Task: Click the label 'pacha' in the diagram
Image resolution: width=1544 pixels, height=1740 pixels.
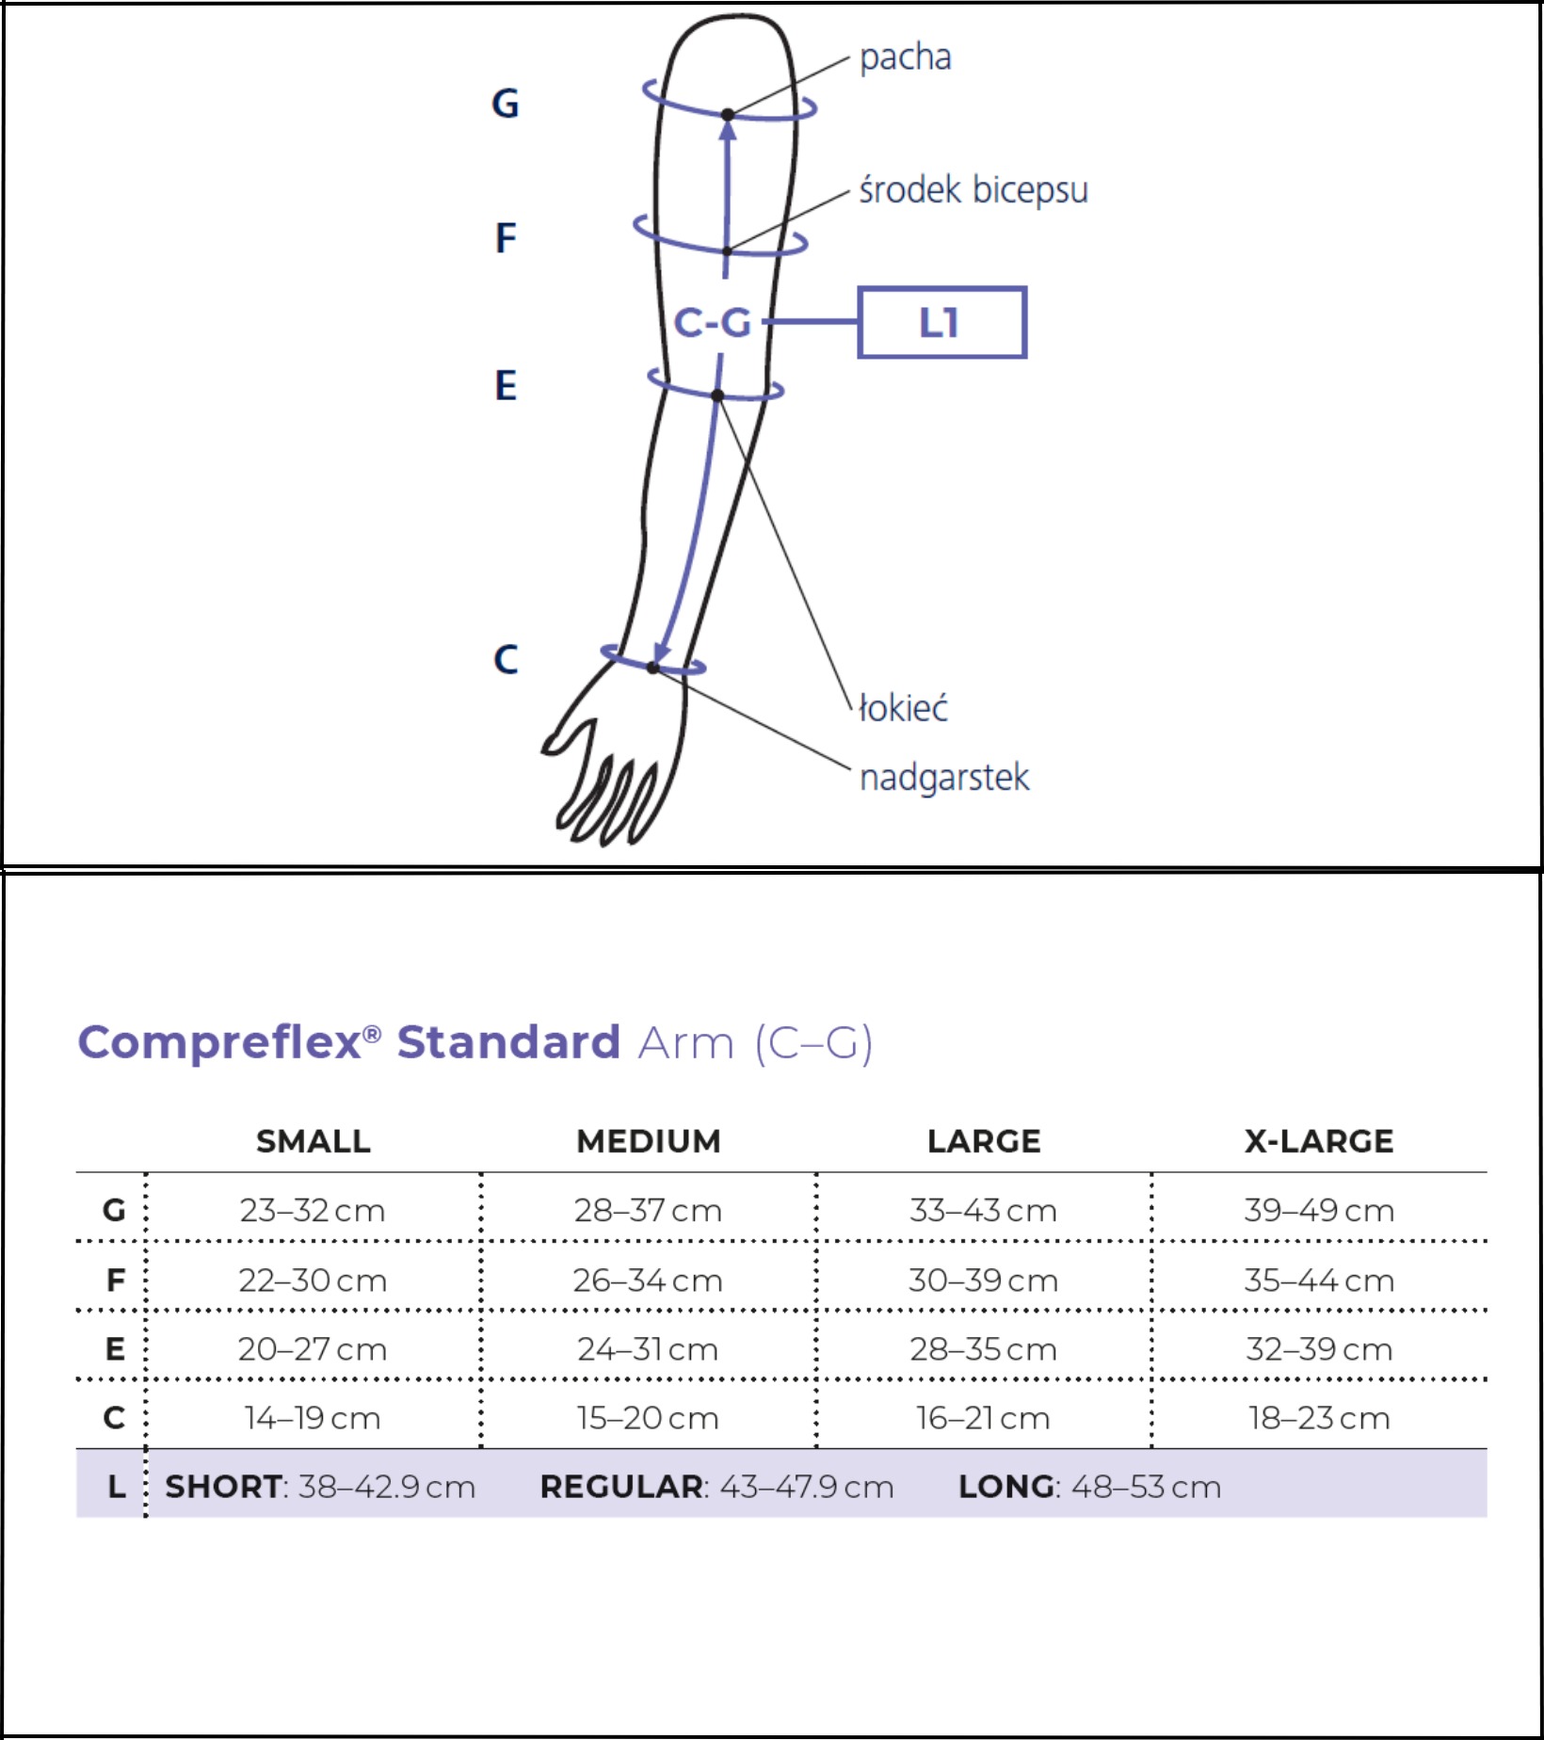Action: click(x=905, y=57)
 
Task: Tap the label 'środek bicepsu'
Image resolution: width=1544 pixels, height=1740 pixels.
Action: click(x=973, y=190)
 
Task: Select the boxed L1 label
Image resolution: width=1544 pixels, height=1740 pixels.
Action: click(x=941, y=322)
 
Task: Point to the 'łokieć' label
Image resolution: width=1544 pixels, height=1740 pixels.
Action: click(x=903, y=707)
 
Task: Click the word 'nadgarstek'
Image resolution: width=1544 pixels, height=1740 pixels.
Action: click(x=944, y=778)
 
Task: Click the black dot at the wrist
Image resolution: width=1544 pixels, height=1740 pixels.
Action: click(x=652, y=667)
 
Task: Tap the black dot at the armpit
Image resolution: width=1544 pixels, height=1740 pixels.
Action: click(x=727, y=115)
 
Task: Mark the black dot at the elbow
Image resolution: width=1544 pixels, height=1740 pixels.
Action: click(x=717, y=395)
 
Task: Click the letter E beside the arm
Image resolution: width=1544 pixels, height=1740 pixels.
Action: click(x=506, y=386)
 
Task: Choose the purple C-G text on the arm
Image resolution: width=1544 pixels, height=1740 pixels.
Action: click(x=713, y=323)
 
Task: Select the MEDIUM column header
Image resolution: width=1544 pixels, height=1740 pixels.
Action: click(x=649, y=1141)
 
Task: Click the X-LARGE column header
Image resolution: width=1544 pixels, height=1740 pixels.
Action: click(x=1319, y=1141)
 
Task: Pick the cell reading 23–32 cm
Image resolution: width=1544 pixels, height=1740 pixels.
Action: click(x=313, y=1210)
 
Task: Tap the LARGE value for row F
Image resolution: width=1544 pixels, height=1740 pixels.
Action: click(x=983, y=1281)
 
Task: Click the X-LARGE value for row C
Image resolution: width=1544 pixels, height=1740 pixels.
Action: click(x=1319, y=1418)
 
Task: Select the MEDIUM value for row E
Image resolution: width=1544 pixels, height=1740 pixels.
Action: click(x=648, y=1349)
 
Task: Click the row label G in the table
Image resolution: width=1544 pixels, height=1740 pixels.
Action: click(x=114, y=1210)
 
